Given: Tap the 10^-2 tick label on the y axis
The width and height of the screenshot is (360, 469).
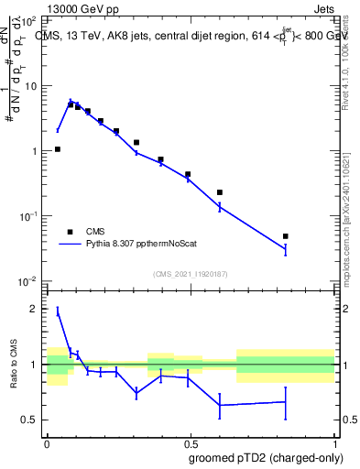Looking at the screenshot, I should click(x=29, y=281).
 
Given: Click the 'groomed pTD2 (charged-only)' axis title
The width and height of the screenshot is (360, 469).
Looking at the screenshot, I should click(x=266, y=457).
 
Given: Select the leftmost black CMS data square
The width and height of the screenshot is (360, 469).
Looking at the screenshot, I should click(x=57, y=149).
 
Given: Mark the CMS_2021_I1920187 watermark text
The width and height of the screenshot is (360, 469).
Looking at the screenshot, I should click(x=190, y=274).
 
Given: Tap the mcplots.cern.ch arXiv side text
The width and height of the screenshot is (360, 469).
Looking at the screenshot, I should click(x=352, y=202).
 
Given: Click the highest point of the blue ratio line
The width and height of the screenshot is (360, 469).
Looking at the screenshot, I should click(x=57, y=311).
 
